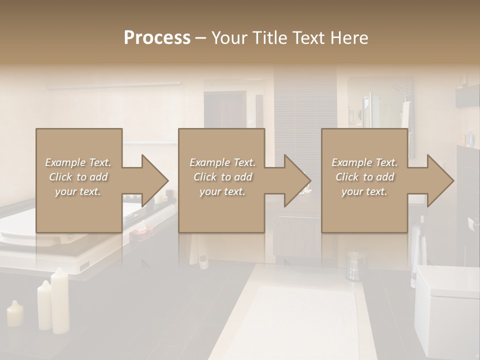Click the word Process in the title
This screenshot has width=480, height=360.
point(157,38)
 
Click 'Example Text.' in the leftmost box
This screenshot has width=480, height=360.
point(78,162)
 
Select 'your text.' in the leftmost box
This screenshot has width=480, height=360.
point(78,191)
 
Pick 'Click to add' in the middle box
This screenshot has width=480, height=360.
point(222,177)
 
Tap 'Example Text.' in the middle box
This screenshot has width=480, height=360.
point(222,162)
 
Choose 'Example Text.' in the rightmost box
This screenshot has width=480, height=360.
point(364,162)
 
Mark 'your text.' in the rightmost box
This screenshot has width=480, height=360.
point(364,191)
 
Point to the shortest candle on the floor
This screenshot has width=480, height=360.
point(14,314)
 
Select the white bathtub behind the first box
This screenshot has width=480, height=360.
point(20,225)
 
